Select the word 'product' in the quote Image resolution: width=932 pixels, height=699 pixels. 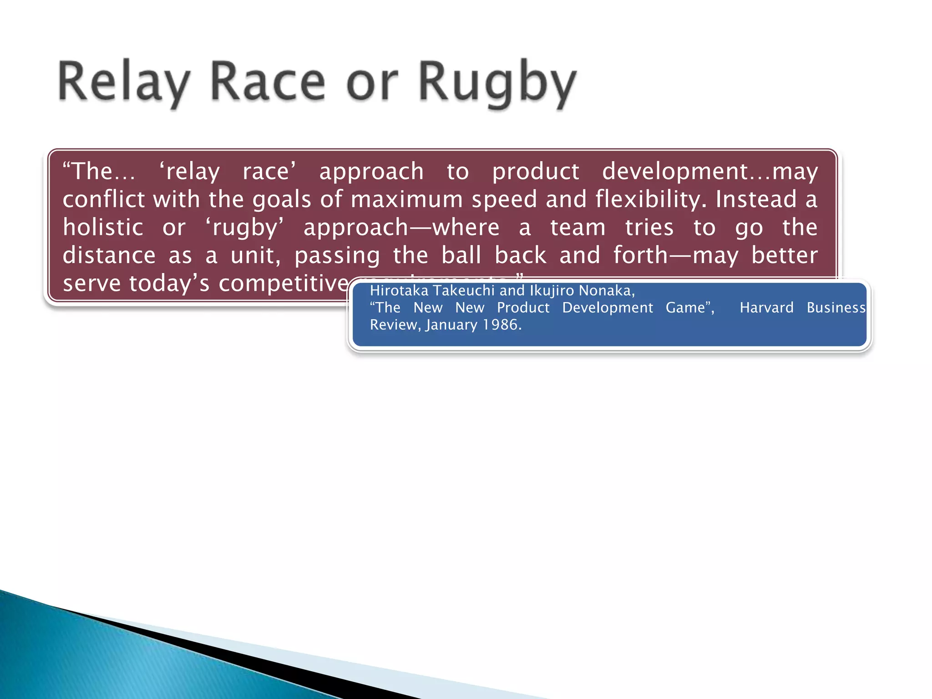tap(536, 172)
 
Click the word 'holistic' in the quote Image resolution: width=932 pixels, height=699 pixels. tap(103, 227)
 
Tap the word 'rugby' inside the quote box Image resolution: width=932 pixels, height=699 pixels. tap(244, 228)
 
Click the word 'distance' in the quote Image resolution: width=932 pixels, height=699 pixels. tap(109, 255)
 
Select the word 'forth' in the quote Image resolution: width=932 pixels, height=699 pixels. tap(640, 255)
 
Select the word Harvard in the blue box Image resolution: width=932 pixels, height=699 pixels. tap(766, 308)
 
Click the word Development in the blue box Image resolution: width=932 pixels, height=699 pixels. tap(607, 308)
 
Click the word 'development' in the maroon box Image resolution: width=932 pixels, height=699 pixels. tap(675, 172)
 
